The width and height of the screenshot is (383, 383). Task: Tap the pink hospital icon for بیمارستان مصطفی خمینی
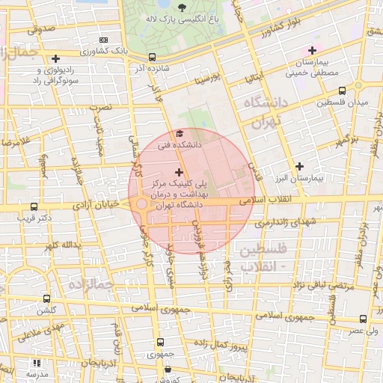[x=312, y=50]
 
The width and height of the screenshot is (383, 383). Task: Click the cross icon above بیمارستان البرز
[x=300, y=166]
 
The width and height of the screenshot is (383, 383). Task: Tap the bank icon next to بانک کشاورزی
[x=103, y=40]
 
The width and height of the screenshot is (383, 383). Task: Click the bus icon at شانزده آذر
[x=153, y=57]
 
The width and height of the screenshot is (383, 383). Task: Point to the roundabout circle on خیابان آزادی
[x=141, y=204]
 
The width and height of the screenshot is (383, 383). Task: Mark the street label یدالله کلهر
[x=61, y=245]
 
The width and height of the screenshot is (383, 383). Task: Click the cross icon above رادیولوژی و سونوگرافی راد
[x=56, y=58]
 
